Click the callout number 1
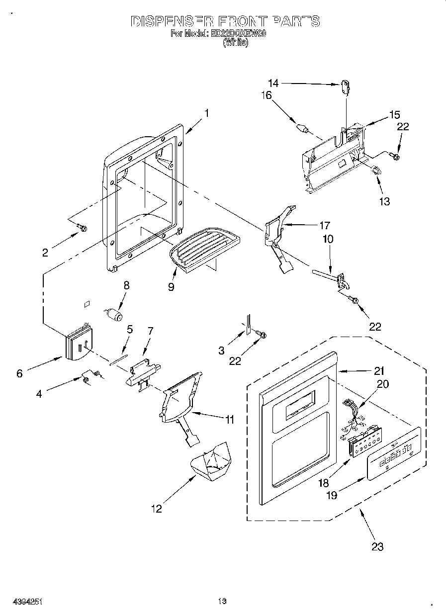click(x=206, y=113)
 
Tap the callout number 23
click(x=378, y=546)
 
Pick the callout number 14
click(x=273, y=83)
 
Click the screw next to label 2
click(x=82, y=228)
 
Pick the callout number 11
click(x=228, y=420)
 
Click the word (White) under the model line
click(x=235, y=43)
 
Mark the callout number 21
click(x=380, y=370)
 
